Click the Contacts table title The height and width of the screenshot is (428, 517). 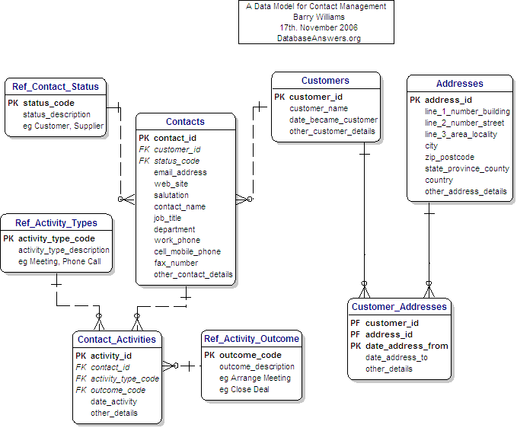pyautogui.click(x=185, y=122)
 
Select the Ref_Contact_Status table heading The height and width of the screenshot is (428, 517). pyautogui.click(x=56, y=87)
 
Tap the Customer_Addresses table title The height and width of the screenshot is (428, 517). pyautogui.click(x=399, y=307)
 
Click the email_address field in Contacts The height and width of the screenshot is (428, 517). pyautogui.click(x=180, y=172)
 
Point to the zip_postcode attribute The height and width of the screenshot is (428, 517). pyautogui.click(x=449, y=157)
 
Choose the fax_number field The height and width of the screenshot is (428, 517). pyautogui.click(x=175, y=263)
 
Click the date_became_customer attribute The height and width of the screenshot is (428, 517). pyautogui.click(x=333, y=120)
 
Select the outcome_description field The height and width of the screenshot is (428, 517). pyautogui.click(x=256, y=366)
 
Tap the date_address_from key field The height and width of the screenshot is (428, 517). pyautogui.click(x=407, y=346)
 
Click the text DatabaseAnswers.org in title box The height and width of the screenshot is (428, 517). pyautogui.click(x=318, y=38)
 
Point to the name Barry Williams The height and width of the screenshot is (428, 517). pyautogui.click(x=318, y=17)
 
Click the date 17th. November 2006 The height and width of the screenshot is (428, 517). pyautogui.click(x=318, y=27)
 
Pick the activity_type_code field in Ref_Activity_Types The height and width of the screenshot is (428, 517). pyautogui.click(x=56, y=238)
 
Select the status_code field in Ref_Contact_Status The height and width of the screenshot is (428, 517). pyautogui.click(x=48, y=103)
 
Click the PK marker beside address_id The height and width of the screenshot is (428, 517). pyautogui.click(x=415, y=100)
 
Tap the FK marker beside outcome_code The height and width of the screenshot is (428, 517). pyautogui.click(x=81, y=390)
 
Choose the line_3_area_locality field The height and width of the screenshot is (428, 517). pyautogui.click(x=461, y=134)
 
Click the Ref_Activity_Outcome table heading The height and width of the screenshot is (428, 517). pyautogui.click(x=251, y=338)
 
